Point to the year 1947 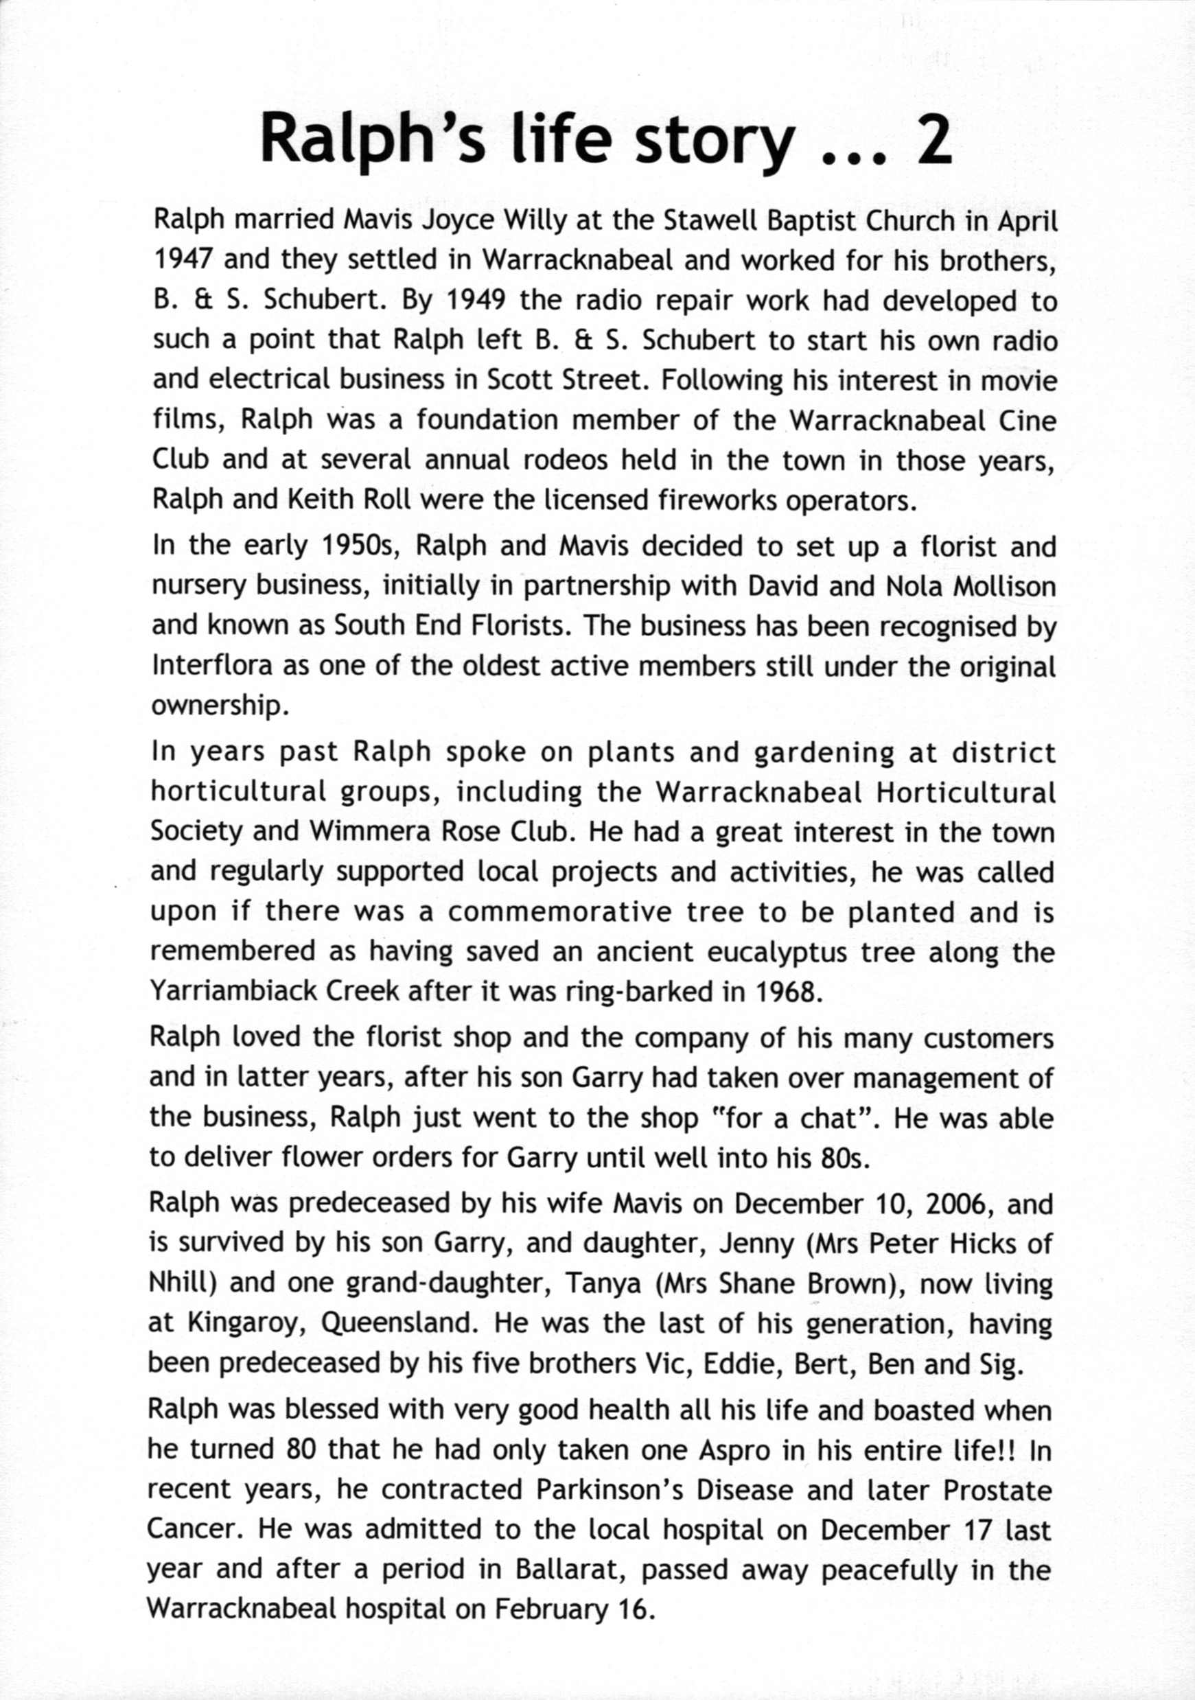point(183,260)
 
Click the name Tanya point(603,1283)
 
